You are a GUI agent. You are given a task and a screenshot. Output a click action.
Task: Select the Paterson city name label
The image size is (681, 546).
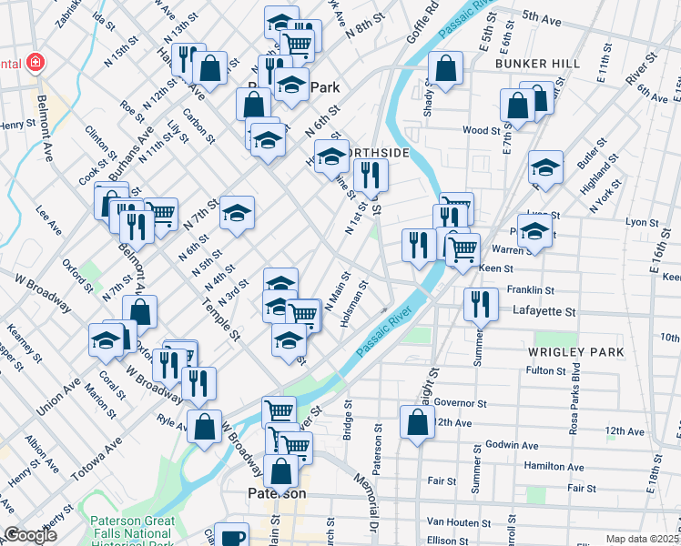277,493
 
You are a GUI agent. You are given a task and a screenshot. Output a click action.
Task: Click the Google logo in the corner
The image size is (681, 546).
31,535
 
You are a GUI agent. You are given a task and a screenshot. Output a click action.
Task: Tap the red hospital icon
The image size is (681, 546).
35,63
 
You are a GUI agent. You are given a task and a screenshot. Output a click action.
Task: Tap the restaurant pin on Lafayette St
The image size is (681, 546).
481,304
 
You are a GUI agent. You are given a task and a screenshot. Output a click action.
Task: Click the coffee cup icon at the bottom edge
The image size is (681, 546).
233,536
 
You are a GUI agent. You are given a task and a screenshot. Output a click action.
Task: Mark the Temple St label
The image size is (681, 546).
223,322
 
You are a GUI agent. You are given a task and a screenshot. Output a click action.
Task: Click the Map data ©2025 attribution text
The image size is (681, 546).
643,539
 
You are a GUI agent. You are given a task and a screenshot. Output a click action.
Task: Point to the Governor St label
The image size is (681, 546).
460,403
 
